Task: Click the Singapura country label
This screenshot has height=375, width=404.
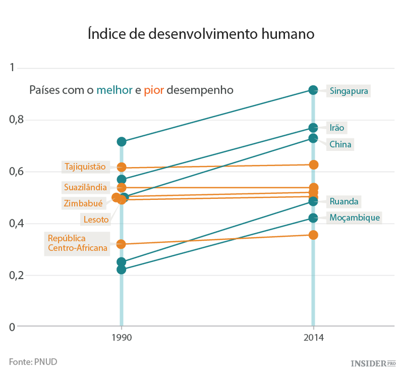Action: click(x=349, y=91)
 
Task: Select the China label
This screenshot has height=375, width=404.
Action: click(x=340, y=144)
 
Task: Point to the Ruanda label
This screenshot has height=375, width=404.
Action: click(x=344, y=202)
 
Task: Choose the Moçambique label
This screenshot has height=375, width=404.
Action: click(x=355, y=218)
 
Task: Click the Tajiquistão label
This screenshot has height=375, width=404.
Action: click(x=85, y=166)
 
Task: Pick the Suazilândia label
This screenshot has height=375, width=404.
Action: click(x=85, y=188)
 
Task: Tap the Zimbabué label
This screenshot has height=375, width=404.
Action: click(x=82, y=203)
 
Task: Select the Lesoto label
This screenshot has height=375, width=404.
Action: click(x=95, y=219)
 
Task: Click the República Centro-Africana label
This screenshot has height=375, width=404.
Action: click(x=78, y=243)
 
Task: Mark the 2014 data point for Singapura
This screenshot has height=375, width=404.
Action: click(x=313, y=90)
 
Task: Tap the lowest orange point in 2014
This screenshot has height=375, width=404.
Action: click(x=313, y=235)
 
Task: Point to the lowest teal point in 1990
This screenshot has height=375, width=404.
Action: click(x=121, y=269)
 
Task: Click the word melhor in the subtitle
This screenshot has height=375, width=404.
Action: click(x=114, y=90)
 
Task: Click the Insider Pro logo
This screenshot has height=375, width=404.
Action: click(x=373, y=364)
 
